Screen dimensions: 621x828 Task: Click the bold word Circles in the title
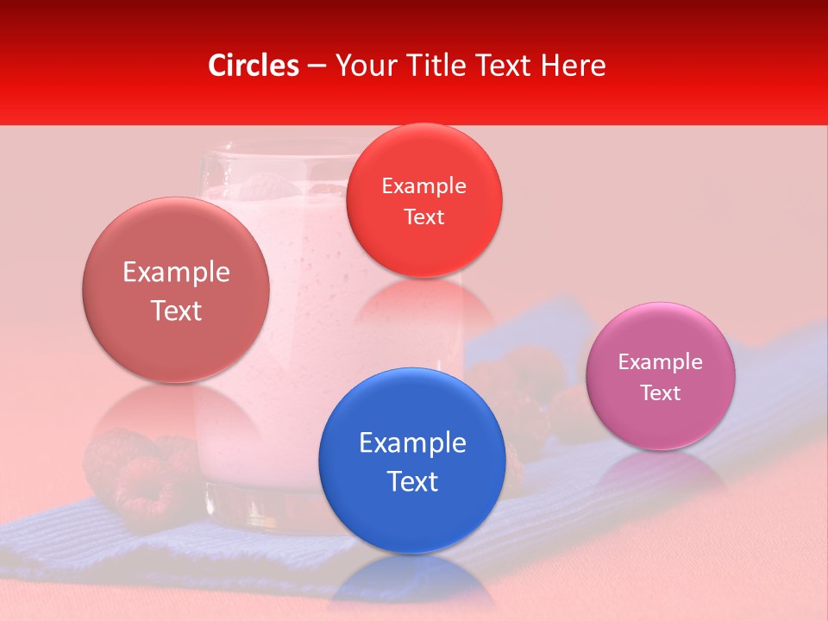pos(253,66)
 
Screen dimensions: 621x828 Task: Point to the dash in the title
pos(317,66)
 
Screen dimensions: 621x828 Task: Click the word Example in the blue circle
pos(412,443)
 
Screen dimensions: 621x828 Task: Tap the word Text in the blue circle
pos(412,481)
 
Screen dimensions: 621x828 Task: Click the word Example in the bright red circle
pos(423,186)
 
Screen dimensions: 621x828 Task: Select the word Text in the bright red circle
pos(423,217)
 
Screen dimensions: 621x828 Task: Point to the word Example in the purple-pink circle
pos(660,362)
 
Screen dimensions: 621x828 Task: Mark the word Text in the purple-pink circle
pos(661,393)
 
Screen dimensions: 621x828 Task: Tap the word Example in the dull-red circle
pos(176,273)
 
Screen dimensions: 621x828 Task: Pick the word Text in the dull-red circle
pos(176,310)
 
